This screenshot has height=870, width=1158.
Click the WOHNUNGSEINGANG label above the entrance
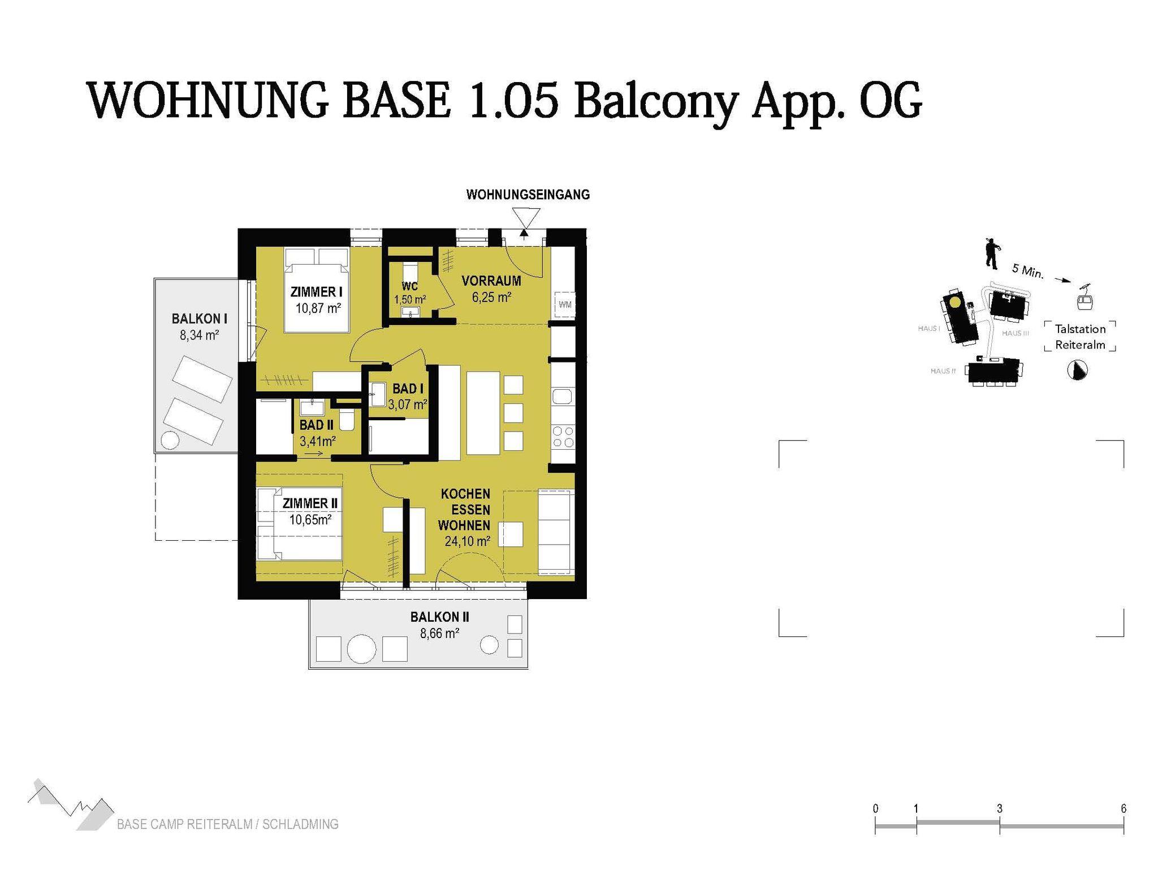(x=528, y=195)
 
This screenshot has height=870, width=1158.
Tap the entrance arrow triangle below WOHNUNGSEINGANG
(x=526, y=218)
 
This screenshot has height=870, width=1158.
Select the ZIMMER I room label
(x=317, y=292)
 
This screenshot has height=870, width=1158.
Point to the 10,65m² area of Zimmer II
(x=310, y=519)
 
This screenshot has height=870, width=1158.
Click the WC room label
(x=410, y=286)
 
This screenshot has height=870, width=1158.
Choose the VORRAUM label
(x=491, y=281)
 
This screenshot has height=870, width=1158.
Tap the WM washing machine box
(x=565, y=304)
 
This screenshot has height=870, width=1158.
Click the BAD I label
(x=408, y=389)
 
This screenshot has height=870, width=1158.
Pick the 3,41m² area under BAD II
(x=318, y=441)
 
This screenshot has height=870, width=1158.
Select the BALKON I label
(x=200, y=319)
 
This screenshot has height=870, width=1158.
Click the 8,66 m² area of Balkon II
(x=439, y=633)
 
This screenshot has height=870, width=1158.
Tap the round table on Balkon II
(x=361, y=648)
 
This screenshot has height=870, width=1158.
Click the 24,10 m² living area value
(x=467, y=541)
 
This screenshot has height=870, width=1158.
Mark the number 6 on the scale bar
(x=1124, y=808)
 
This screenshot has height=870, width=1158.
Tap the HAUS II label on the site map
(x=943, y=371)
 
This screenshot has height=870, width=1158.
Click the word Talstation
(x=1080, y=329)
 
